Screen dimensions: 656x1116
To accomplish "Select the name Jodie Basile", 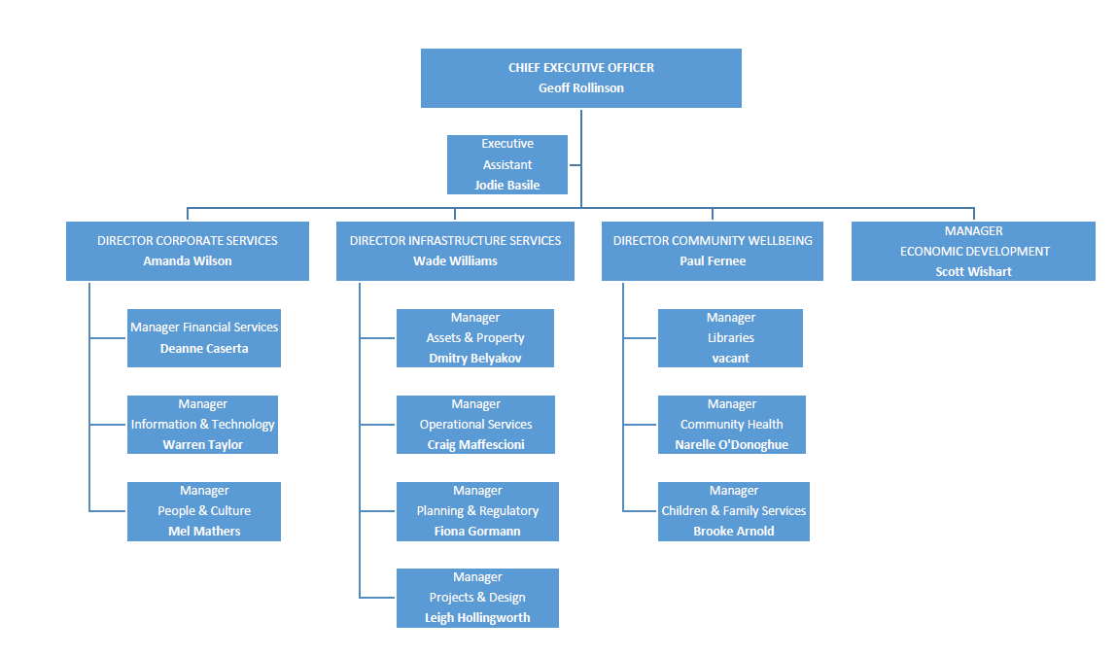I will (507, 185).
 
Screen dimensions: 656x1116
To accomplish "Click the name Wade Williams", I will (455, 260).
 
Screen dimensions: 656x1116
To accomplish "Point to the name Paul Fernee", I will (713, 260).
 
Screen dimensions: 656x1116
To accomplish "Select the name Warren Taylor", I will (203, 444).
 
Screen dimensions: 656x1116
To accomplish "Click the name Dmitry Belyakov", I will (475, 358).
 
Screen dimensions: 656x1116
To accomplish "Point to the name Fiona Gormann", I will (477, 531).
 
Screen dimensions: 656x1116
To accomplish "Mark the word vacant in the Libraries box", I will (730, 358).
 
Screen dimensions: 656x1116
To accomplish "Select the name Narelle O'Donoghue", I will (732, 444).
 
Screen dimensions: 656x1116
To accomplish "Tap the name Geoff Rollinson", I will (581, 87).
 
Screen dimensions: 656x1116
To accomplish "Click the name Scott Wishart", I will (973, 271).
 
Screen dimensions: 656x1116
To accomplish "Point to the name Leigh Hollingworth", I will (477, 617).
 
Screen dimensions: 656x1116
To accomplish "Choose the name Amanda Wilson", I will (188, 260).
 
